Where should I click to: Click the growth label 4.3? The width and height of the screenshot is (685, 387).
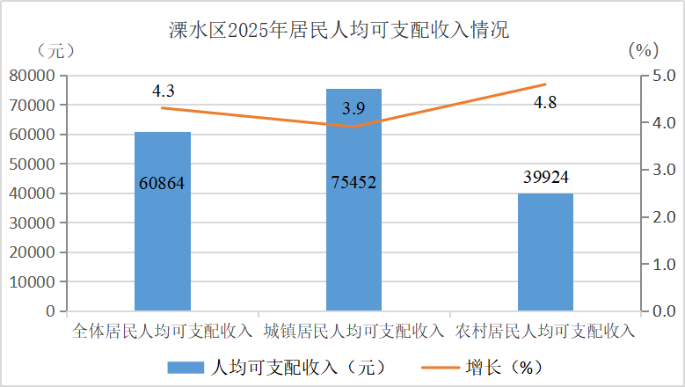click(164, 91)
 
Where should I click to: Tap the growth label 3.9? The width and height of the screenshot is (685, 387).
click(353, 109)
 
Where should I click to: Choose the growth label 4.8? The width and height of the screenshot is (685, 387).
click(545, 103)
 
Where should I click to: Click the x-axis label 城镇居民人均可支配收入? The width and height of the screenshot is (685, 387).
click(353, 332)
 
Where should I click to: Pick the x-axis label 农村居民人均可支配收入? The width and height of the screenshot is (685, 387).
click(545, 332)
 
